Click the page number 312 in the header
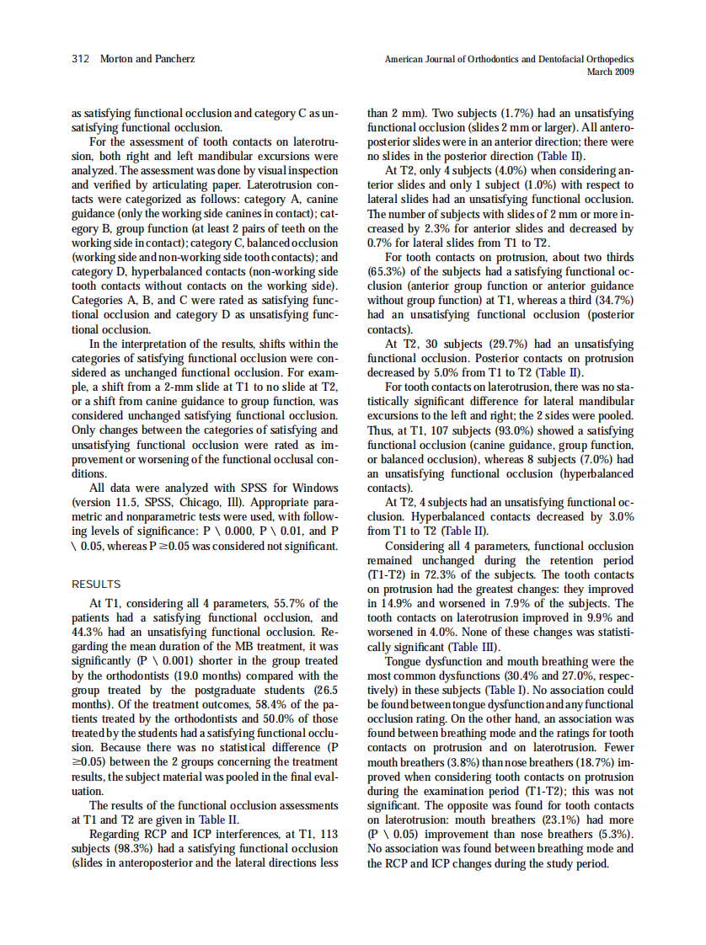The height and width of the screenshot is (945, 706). [x=82, y=59]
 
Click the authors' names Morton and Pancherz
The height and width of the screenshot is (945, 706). [x=147, y=59]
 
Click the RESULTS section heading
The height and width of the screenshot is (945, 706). [x=96, y=584]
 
